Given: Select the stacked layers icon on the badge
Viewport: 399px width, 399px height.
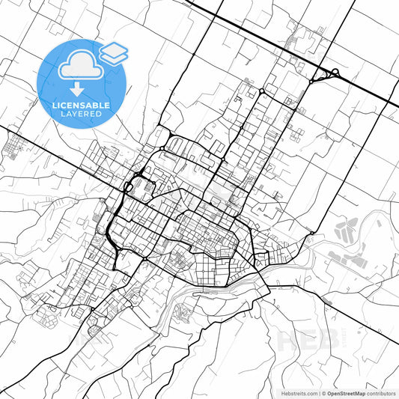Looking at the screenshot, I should (x=113, y=52).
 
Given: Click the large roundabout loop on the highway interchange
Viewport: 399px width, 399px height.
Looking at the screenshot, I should (x=334, y=73).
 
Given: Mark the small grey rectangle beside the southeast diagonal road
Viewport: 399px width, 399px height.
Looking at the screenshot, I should (x=327, y=302).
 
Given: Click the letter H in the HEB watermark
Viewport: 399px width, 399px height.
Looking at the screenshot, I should (x=287, y=338).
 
